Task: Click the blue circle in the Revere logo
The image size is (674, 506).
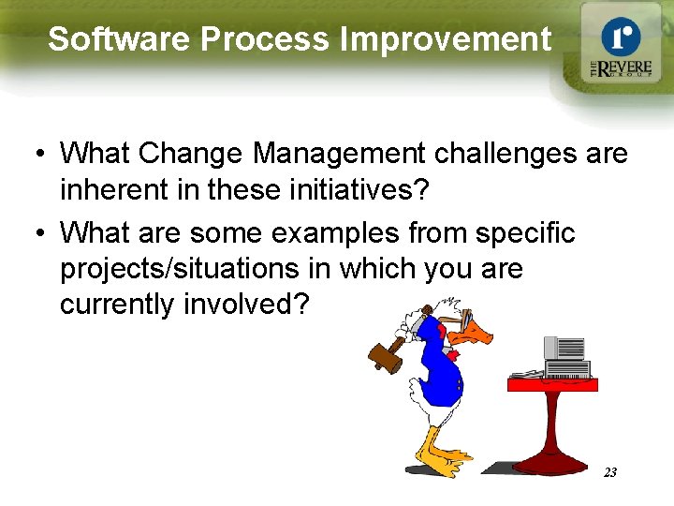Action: [x=620, y=37]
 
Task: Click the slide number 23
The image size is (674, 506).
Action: [x=609, y=472]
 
